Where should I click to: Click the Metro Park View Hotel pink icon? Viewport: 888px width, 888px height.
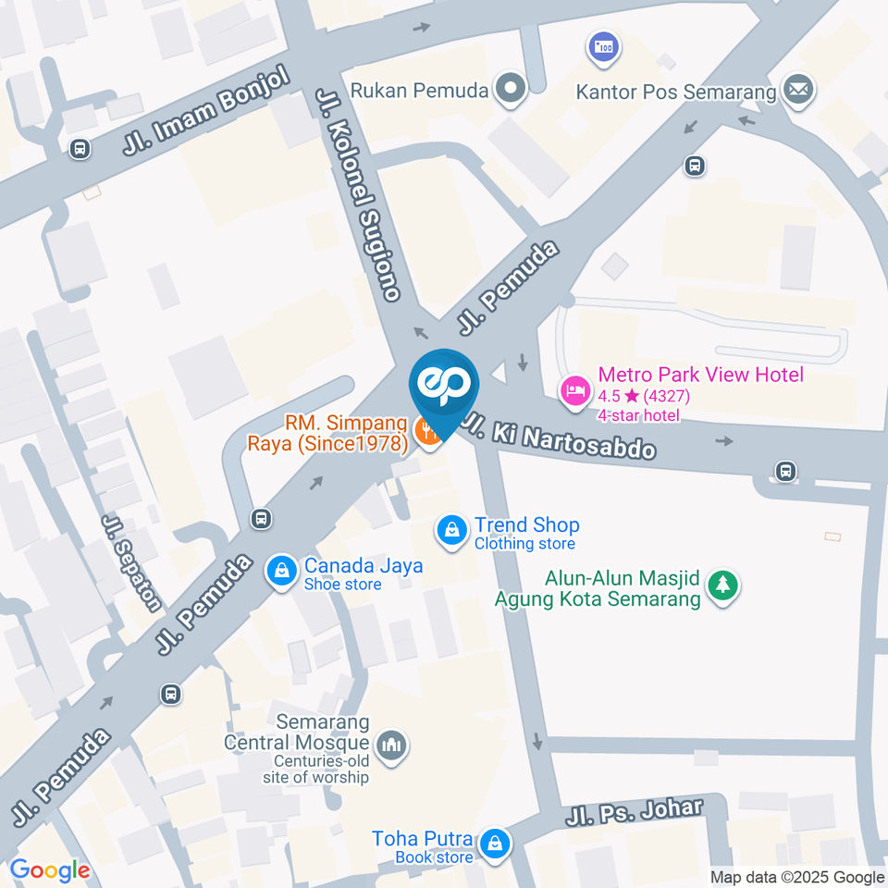click(x=573, y=389)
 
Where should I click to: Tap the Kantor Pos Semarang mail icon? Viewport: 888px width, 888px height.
click(x=796, y=91)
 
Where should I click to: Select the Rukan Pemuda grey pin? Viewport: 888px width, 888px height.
click(x=510, y=91)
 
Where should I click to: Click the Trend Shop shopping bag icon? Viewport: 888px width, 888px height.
click(x=451, y=531)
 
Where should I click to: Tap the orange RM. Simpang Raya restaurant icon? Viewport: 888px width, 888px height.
click(x=428, y=431)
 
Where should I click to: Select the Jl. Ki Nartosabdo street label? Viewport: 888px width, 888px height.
click(x=560, y=437)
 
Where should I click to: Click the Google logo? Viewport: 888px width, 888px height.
click(x=49, y=869)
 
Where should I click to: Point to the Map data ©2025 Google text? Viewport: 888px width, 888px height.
click(x=797, y=877)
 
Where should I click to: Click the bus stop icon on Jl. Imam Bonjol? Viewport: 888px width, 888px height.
click(x=80, y=148)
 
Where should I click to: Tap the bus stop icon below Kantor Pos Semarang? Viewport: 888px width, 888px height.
click(x=694, y=166)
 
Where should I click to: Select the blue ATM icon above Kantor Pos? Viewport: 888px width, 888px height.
click(x=603, y=45)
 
